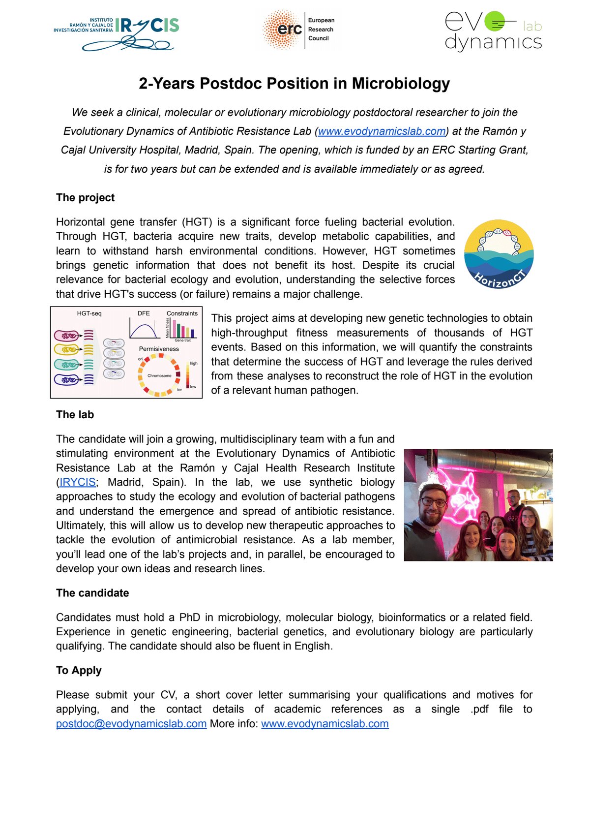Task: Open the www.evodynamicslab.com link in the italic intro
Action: click(x=382, y=131)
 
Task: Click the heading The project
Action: click(x=85, y=198)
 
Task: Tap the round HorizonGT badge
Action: click(x=499, y=254)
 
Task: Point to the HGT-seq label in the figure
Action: click(x=89, y=313)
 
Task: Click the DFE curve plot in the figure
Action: click(x=144, y=328)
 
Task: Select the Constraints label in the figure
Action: click(x=182, y=313)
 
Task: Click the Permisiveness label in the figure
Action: click(x=159, y=349)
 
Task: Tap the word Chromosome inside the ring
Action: click(x=159, y=375)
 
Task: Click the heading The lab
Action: click(x=75, y=415)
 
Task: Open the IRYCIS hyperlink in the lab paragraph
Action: click(x=77, y=482)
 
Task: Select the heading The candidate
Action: click(x=92, y=593)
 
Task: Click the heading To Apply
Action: click(x=79, y=671)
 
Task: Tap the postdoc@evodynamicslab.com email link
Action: click(x=131, y=724)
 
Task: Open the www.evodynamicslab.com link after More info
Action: click(x=324, y=724)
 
